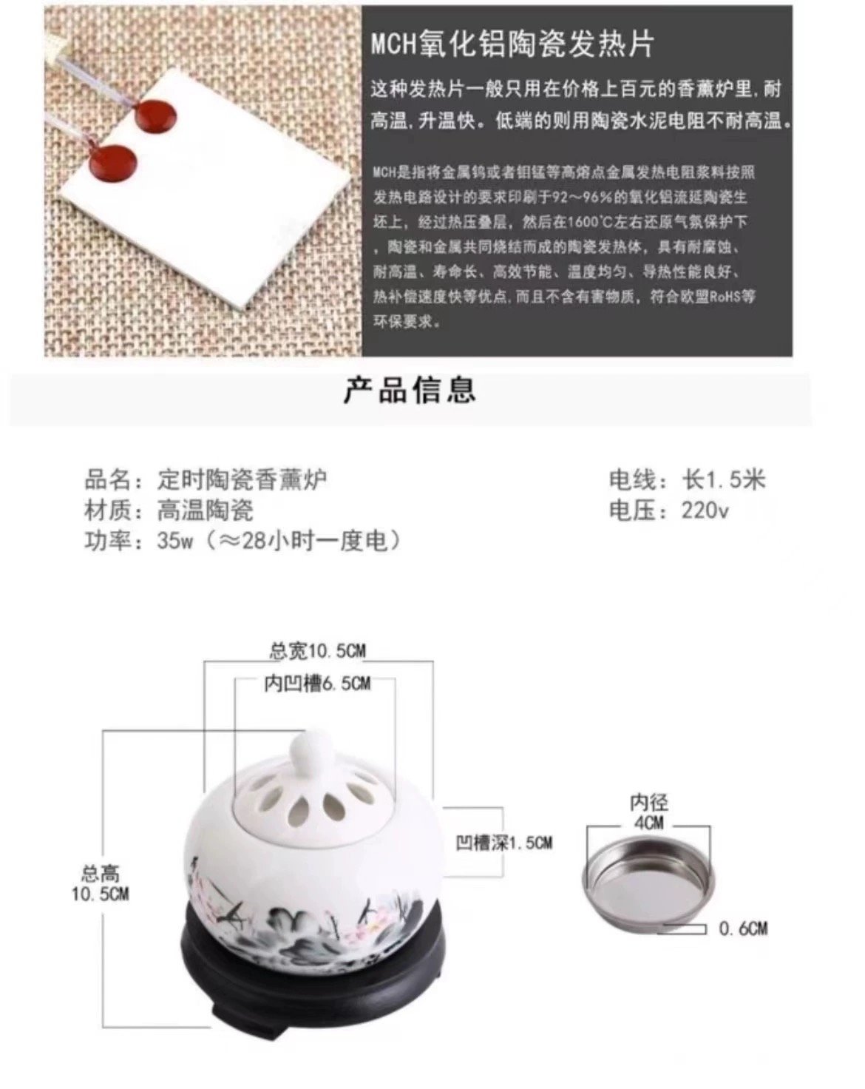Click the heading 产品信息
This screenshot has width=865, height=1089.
[x=410, y=390]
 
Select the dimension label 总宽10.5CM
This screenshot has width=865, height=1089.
[x=317, y=651]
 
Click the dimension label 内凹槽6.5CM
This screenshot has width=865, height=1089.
[x=317, y=684]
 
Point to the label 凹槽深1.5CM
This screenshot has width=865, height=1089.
[x=503, y=843]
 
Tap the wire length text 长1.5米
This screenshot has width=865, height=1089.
[x=724, y=479]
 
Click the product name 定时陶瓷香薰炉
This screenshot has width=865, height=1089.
[x=242, y=479]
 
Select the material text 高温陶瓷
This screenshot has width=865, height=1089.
[x=205, y=510]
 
